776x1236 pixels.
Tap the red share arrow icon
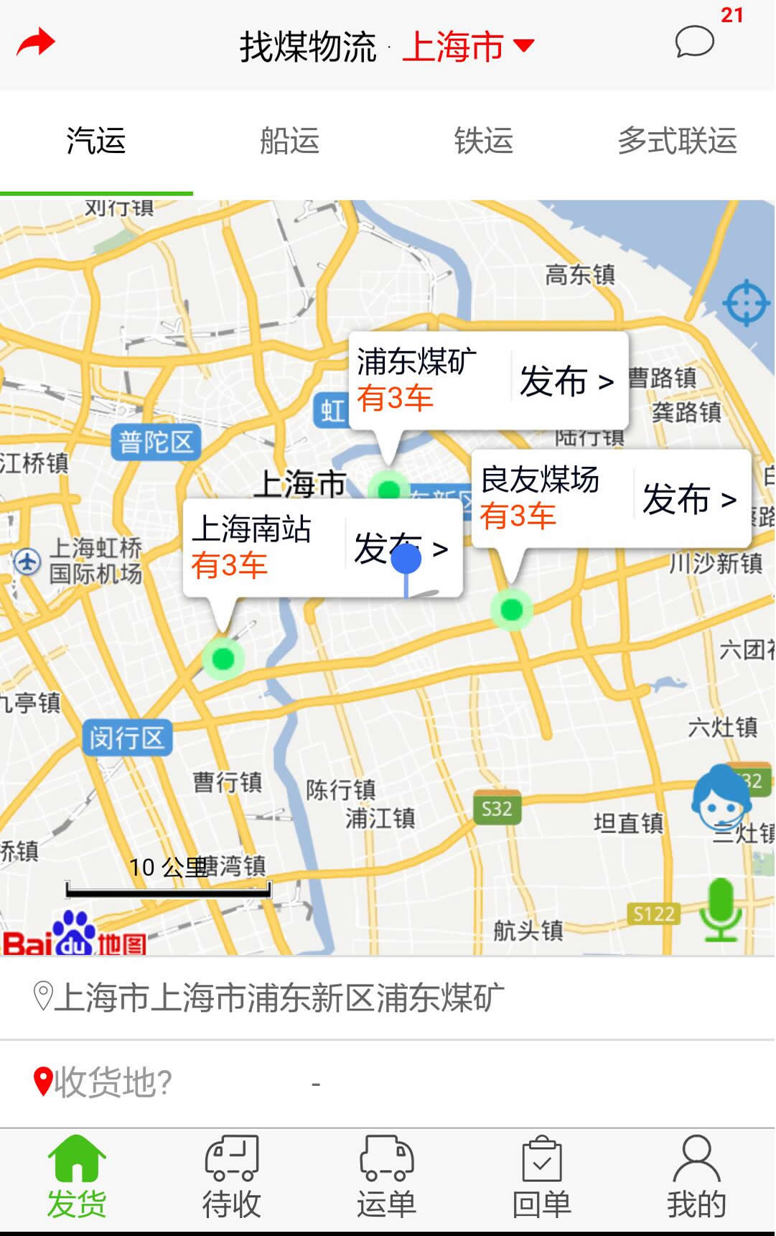click(x=35, y=43)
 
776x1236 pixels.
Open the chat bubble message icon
click(x=694, y=42)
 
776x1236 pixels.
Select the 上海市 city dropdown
click(x=467, y=47)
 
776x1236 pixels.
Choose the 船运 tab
click(x=289, y=141)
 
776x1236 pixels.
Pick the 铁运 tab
click(x=483, y=141)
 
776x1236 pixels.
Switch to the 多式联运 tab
click(x=677, y=141)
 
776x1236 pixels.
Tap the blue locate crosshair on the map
click(x=746, y=302)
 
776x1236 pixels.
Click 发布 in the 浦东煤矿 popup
click(x=566, y=381)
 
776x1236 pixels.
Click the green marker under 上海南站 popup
click(x=223, y=658)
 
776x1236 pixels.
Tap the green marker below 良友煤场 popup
click(x=511, y=610)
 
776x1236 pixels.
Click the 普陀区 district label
click(x=156, y=442)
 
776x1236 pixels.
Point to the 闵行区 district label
click(x=127, y=738)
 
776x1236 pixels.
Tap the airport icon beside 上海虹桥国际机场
click(x=27, y=561)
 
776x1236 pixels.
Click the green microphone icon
click(x=721, y=909)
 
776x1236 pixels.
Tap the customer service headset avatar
click(x=720, y=799)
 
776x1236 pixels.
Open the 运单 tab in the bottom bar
click(x=386, y=1178)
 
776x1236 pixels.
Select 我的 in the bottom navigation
click(x=696, y=1178)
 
